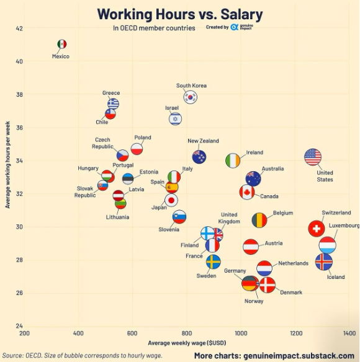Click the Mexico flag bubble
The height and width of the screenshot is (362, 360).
61,44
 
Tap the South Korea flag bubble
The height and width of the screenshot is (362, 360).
191,97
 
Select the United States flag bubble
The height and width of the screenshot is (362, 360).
313,157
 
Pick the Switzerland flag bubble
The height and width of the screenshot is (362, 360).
317,229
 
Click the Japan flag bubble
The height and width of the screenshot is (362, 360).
171,200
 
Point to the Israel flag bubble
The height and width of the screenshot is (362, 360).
175,119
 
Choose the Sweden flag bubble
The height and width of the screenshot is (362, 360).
213,262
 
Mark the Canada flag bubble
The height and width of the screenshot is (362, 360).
247,192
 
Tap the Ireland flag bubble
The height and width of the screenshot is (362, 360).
233,161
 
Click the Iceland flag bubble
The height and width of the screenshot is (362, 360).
324,262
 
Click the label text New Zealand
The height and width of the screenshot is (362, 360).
203,141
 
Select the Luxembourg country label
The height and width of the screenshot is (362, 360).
344,226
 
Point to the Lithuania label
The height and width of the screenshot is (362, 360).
117,217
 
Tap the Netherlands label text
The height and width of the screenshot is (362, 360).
293,263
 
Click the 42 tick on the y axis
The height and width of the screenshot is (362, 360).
19,29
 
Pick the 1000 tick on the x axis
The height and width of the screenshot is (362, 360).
241,333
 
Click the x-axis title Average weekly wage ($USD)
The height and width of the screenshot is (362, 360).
187,343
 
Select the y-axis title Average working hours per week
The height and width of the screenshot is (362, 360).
7,165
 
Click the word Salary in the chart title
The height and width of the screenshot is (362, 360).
241,14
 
